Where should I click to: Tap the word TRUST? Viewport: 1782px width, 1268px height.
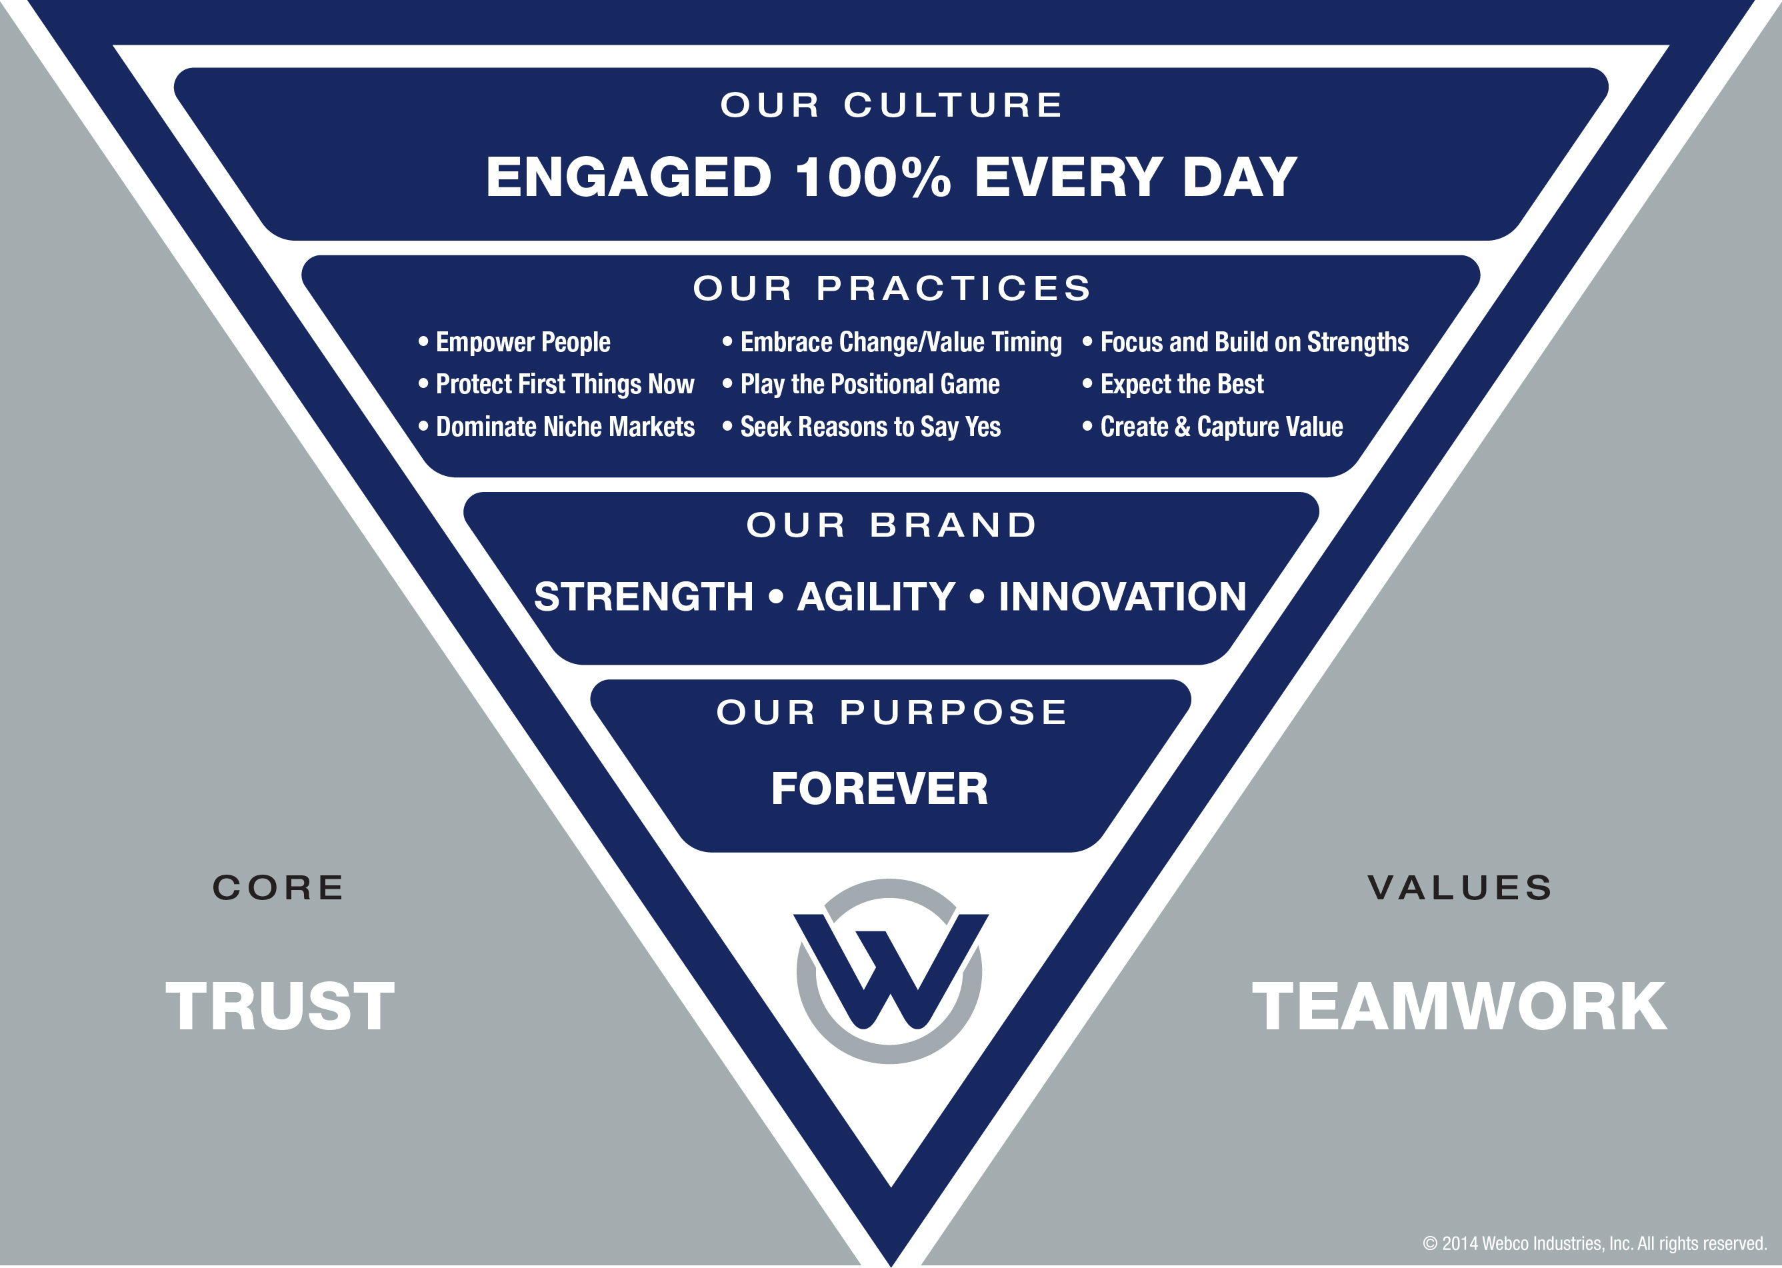point(280,1007)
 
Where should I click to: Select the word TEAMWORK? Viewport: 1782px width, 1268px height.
point(1459,1007)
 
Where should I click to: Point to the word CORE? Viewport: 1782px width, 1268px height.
point(279,888)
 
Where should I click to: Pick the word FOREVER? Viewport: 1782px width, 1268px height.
point(880,789)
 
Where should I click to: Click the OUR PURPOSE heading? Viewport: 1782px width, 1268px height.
point(892,712)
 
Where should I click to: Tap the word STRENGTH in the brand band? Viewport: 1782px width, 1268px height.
point(644,597)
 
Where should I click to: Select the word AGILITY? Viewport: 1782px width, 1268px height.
point(876,597)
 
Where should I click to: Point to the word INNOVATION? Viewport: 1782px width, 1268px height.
point(1123,597)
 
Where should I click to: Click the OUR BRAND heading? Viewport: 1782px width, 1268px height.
point(892,525)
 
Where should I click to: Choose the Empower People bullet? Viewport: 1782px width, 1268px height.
point(515,342)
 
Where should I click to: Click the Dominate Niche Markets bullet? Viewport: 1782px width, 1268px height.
point(557,427)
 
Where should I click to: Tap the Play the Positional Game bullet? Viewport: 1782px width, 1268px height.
point(861,384)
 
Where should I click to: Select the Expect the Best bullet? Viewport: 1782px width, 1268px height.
point(1173,384)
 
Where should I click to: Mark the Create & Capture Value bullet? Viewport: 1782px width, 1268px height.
point(1212,427)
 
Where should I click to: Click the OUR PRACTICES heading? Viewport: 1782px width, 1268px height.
point(892,288)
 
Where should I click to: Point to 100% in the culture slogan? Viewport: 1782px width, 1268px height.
point(873,177)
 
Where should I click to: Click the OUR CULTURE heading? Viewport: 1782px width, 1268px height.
point(892,105)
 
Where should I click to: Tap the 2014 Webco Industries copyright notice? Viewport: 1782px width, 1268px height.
point(1595,1243)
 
